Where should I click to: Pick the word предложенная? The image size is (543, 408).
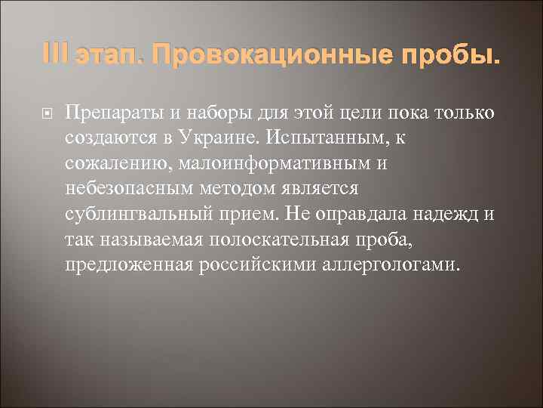point(129,264)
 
